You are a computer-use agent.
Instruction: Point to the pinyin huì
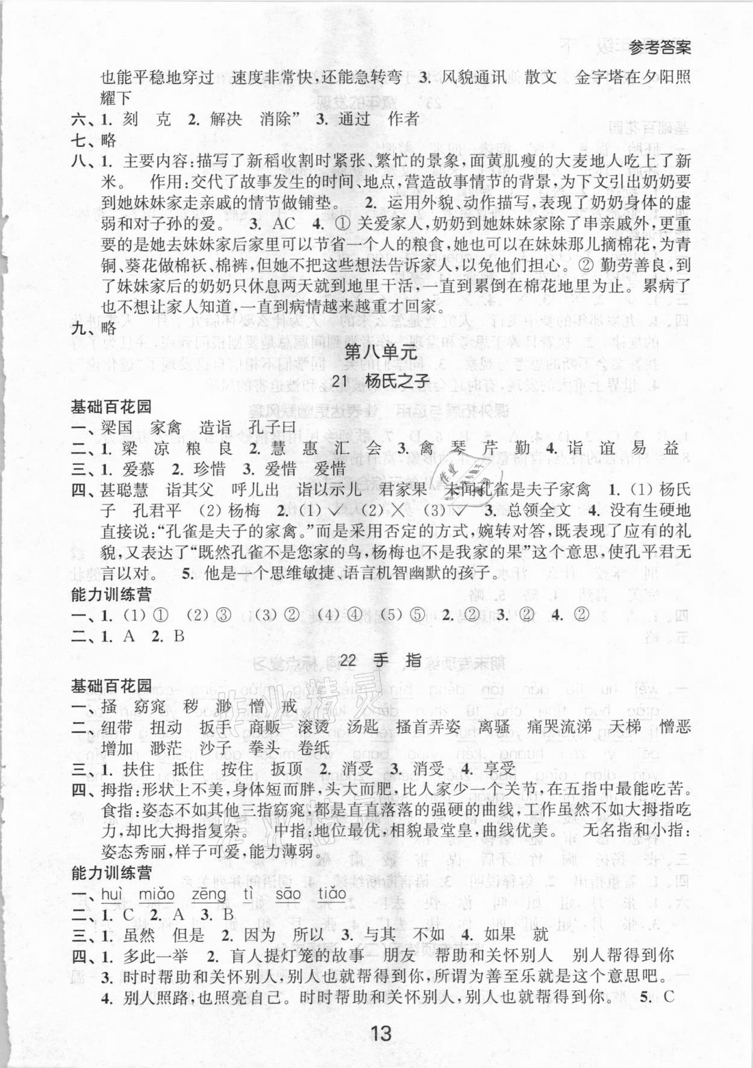point(112,894)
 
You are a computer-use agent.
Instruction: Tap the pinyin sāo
point(287,894)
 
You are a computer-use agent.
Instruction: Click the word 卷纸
point(314,748)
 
